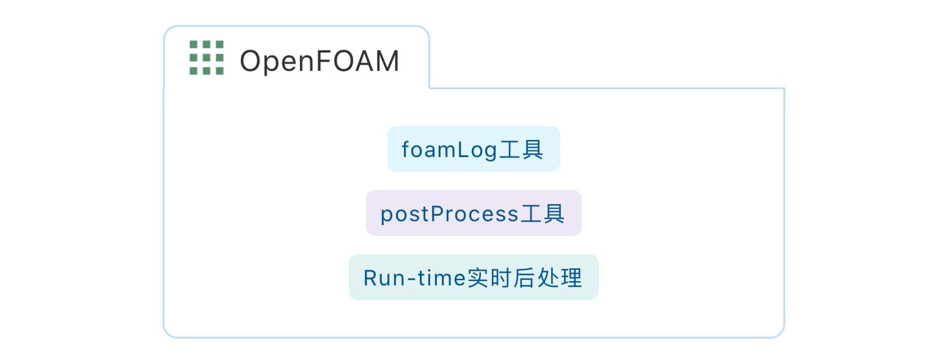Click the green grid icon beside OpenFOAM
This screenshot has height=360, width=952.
(x=207, y=58)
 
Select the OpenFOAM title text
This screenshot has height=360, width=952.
(x=319, y=61)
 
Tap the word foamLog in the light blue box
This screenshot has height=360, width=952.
(x=449, y=149)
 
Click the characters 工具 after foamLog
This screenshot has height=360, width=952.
(x=521, y=149)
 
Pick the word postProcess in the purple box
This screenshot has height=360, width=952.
(x=449, y=214)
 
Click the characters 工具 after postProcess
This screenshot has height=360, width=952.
(x=543, y=214)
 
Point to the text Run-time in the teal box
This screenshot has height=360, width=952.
(x=414, y=278)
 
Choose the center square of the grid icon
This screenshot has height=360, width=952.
(x=207, y=58)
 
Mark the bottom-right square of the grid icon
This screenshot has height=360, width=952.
(x=219, y=71)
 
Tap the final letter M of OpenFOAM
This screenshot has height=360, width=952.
(x=387, y=61)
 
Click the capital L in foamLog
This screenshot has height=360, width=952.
(x=462, y=149)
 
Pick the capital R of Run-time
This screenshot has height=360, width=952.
(x=370, y=278)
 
